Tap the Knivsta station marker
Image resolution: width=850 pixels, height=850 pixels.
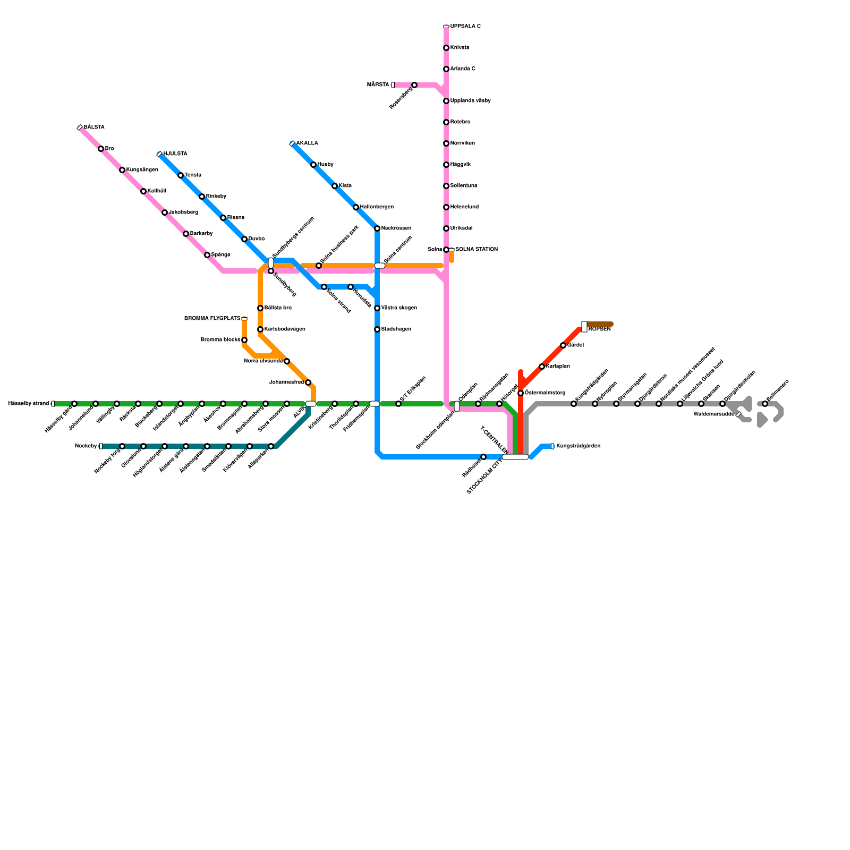pos(446,48)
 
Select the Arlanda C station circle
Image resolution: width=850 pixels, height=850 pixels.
pos(446,69)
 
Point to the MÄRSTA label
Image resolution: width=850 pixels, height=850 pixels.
pos(378,85)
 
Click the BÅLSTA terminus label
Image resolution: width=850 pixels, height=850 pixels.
pos(94,127)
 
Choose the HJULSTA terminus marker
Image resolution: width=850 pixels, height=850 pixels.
pos(159,154)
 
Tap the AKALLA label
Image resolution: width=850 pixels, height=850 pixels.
pos(307,143)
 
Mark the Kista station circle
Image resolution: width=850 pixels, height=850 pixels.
pos(335,186)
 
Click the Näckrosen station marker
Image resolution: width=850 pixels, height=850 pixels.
pos(377,228)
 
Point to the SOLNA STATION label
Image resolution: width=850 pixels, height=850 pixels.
pos(477,250)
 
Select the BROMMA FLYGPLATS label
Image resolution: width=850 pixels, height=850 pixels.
pos(212,319)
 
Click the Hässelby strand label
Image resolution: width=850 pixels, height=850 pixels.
pos(28,404)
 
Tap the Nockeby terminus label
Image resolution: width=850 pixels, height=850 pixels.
pos(86,446)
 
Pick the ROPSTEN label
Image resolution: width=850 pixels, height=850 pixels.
pos(599,329)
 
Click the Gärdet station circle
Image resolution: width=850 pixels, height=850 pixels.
pos(563,345)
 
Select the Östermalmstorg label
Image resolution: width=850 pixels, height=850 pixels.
pos(545,393)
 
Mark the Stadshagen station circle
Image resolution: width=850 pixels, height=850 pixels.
pos(377,329)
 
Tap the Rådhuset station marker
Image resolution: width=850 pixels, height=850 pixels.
pos(483,457)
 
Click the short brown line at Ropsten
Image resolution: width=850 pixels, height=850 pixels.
pos(600,324)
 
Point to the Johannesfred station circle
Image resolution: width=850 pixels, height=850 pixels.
pos(308,382)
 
